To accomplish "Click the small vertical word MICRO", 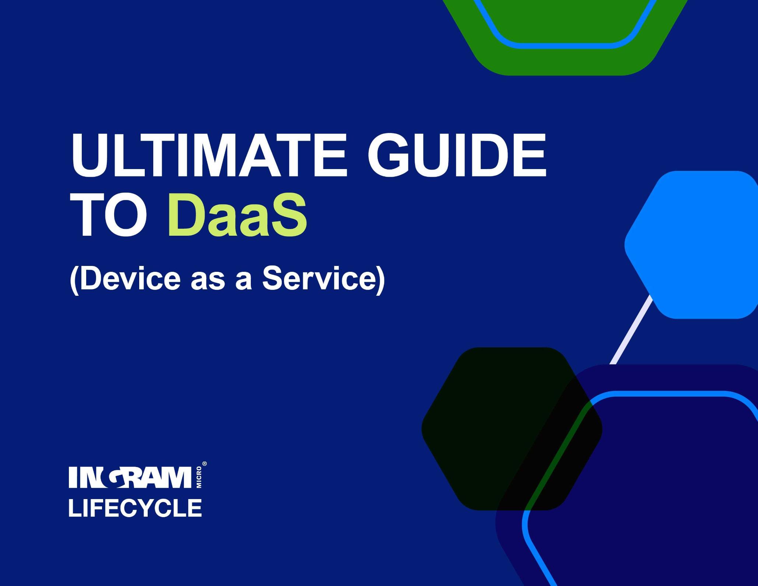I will [x=199, y=477].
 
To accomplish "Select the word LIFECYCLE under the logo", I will [x=135, y=508].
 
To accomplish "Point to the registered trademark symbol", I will [x=205, y=464].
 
